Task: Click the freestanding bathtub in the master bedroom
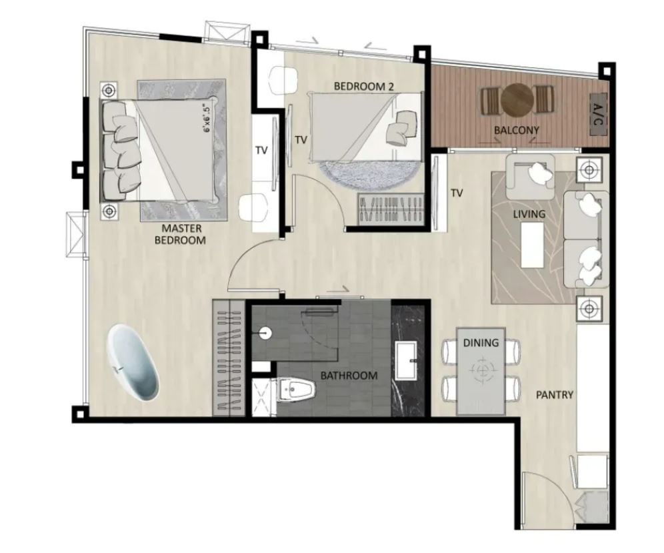133,362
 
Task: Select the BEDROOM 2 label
364,87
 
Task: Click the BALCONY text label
517,130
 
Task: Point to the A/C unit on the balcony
599,115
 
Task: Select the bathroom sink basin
406,361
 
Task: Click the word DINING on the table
481,342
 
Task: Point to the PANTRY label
555,395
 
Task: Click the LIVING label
529,214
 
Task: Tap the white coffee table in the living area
532,245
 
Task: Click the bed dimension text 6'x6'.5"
207,118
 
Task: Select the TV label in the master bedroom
262,150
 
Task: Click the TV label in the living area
457,193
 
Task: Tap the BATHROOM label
349,376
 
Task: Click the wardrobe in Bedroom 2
391,210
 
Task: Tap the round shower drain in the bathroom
265,333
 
